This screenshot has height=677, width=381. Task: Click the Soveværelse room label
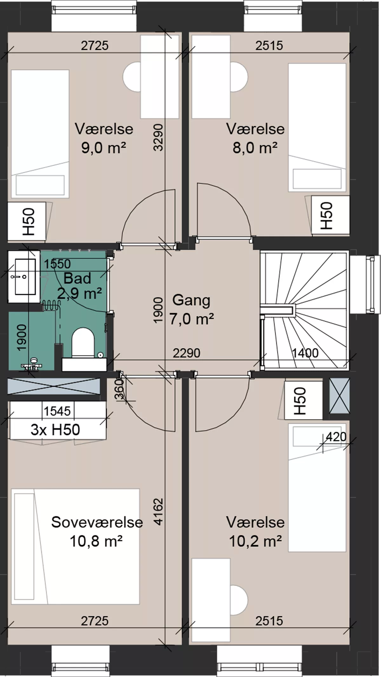click(97, 522)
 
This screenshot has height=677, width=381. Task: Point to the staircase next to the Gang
click(305, 311)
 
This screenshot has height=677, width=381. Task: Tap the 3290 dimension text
click(158, 137)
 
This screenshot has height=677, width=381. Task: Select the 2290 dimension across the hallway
click(186, 353)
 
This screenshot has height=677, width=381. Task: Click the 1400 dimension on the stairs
click(305, 353)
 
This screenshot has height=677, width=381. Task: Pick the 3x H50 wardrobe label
click(55, 430)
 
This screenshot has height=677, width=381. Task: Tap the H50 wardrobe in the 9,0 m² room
click(27, 222)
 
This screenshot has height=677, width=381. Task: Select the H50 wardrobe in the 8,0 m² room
click(330, 216)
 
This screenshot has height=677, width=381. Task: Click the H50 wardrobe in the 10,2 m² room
click(303, 400)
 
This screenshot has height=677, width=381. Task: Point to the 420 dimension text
click(336, 437)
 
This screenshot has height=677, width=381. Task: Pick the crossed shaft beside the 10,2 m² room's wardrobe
click(339, 396)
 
